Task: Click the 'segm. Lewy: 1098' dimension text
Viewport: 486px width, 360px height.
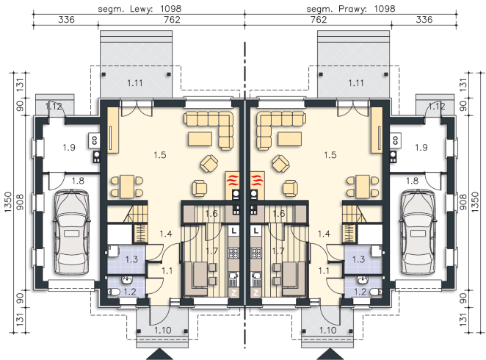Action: click(139, 8)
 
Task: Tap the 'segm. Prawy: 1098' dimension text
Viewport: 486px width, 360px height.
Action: click(351, 8)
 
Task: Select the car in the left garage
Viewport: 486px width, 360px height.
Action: click(72, 232)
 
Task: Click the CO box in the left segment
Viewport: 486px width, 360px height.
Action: click(94, 140)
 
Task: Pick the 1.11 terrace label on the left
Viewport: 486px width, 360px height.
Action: click(135, 83)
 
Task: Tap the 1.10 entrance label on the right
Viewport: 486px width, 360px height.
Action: click(328, 330)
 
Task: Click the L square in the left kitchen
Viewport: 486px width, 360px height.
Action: click(234, 231)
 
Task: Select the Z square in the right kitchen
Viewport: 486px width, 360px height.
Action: click(256, 292)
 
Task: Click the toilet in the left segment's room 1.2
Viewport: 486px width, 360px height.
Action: click(114, 292)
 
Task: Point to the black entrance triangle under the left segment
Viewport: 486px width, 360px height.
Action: click(159, 354)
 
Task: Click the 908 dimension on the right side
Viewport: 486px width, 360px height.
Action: click(463, 202)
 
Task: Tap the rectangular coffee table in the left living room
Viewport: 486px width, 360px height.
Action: click(200, 139)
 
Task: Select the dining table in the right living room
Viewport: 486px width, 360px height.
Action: click(363, 187)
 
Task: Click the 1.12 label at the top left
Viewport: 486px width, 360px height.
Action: click(54, 107)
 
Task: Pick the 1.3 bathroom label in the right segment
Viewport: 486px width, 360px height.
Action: click(358, 259)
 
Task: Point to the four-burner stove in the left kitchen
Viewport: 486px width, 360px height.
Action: click(233, 253)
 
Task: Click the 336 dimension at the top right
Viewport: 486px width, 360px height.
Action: click(424, 20)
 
